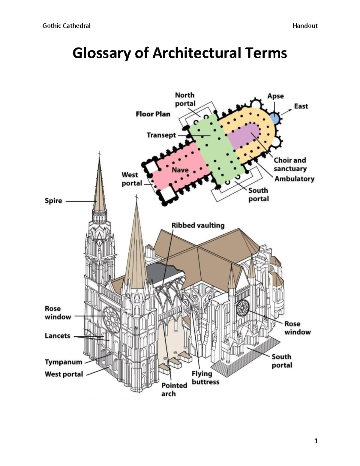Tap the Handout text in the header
click(x=305, y=26)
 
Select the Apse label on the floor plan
click(x=275, y=96)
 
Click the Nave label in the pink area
click(x=180, y=170)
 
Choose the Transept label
click(x=161, y=135)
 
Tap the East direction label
click(x=301, y=106)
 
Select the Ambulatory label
click(x=294, y=179)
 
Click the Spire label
click(x=53, y=201)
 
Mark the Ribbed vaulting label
click(x=198, y=225)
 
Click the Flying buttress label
click(x=205, y=378)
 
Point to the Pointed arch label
click(x=174, y=389)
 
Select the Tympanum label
click(x=63, y=362)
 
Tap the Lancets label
click(x=57, y=336)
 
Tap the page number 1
click(x=316, y=441)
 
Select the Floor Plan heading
click(x=153, y=114)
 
